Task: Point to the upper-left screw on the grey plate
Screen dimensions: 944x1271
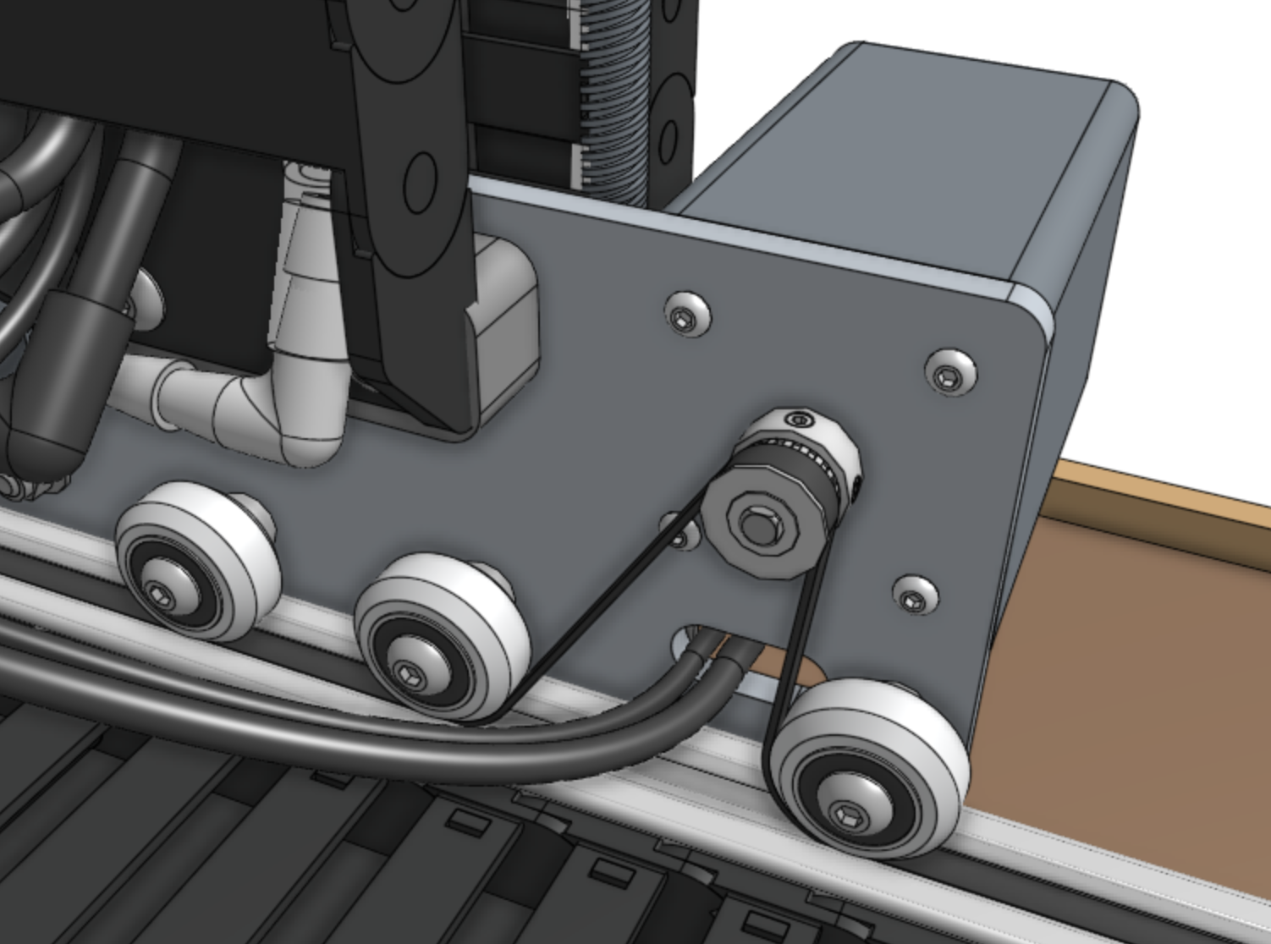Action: click(685, 316)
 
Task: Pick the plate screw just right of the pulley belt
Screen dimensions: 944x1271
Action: click(914, 597)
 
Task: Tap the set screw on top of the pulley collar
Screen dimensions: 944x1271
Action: click(796, 419)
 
